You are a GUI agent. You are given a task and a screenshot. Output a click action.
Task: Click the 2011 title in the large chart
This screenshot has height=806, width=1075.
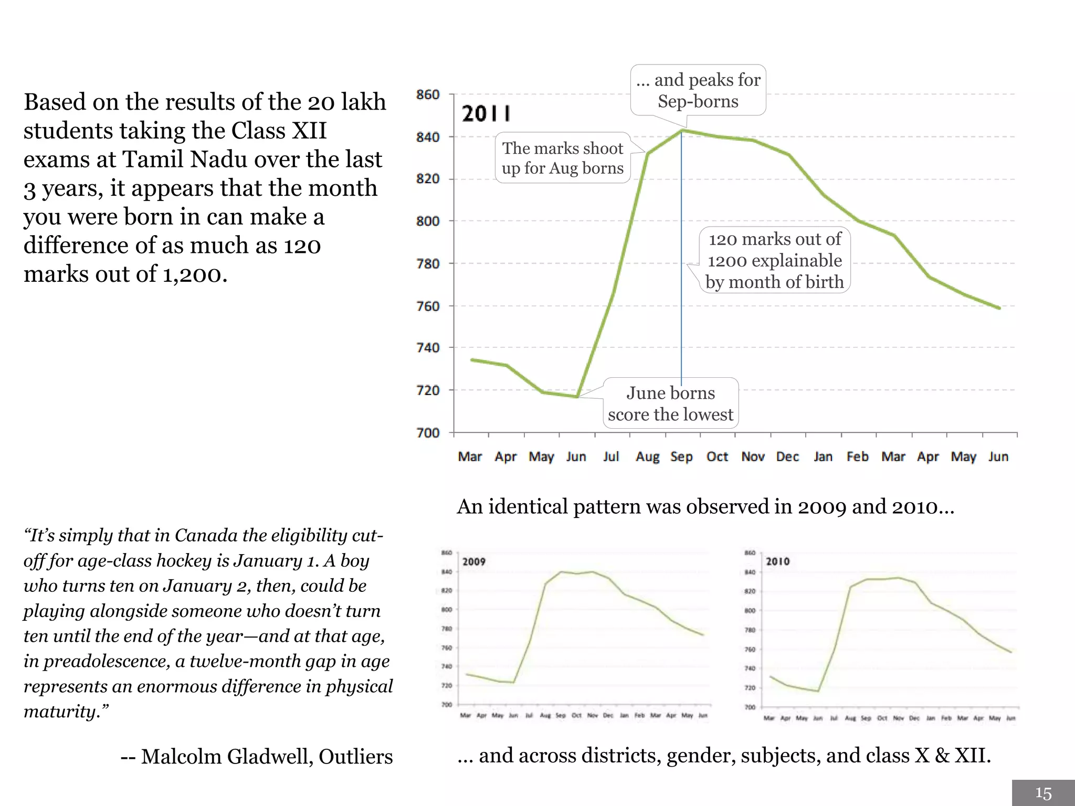[x=486, y=113]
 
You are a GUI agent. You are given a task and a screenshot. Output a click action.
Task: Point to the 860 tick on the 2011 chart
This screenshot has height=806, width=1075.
[x=428, y=94]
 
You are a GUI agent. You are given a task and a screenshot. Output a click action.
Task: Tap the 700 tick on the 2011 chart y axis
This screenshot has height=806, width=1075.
[x=428, y=433]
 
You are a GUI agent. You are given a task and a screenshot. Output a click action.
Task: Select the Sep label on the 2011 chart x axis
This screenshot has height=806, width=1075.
[x=681, y=457]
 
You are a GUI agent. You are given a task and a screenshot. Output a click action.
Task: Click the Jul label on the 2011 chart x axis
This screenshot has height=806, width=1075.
[x=611, y=457]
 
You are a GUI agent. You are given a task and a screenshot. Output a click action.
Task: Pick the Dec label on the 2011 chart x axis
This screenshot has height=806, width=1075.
[x=787, y=457]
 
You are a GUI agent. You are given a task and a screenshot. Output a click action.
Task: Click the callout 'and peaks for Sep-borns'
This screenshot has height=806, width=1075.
[x=698, y=90]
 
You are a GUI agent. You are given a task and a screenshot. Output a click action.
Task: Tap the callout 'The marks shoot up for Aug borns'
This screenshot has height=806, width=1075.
[x=563, y=158]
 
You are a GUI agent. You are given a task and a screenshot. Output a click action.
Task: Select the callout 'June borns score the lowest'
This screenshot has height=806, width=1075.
[x=670, y=404]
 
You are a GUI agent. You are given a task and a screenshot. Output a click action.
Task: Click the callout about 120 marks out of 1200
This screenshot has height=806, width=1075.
[x=775, y=260]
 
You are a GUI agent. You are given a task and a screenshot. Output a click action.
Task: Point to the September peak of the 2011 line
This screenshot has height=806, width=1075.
[x=682, y=130]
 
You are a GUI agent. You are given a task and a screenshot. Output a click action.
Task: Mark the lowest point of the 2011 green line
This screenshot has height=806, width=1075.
[x=577, y=397]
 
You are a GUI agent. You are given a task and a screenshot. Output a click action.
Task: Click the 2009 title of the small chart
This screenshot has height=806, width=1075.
[x=473, y=561]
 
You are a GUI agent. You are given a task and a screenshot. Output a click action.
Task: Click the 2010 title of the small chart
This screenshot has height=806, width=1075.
[x=777, y=561]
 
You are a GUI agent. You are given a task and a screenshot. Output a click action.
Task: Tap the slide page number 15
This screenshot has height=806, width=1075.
[x=1043, y=793]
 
